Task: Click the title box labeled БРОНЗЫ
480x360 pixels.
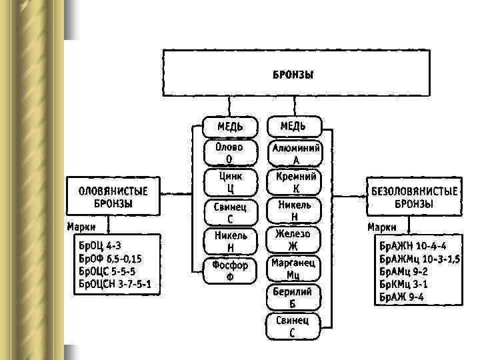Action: (x=293, y=73)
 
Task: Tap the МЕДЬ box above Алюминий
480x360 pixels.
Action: (x=294, y=126)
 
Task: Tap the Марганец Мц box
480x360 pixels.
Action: (x=293, y=269)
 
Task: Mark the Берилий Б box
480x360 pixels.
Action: (x=293, y=297)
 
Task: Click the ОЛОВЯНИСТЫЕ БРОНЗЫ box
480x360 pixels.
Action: (x=113, y=197)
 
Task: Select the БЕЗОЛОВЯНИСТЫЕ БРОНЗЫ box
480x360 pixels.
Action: (x=414, y=197)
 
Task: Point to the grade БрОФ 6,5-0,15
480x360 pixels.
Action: (x=111, y=258)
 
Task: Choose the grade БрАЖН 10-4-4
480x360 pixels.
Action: (x=413, y=245)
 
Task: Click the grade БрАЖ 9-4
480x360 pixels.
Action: (x=402, y=297)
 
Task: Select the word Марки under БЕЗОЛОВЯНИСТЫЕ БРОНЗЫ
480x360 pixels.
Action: (x=382, y=227)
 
